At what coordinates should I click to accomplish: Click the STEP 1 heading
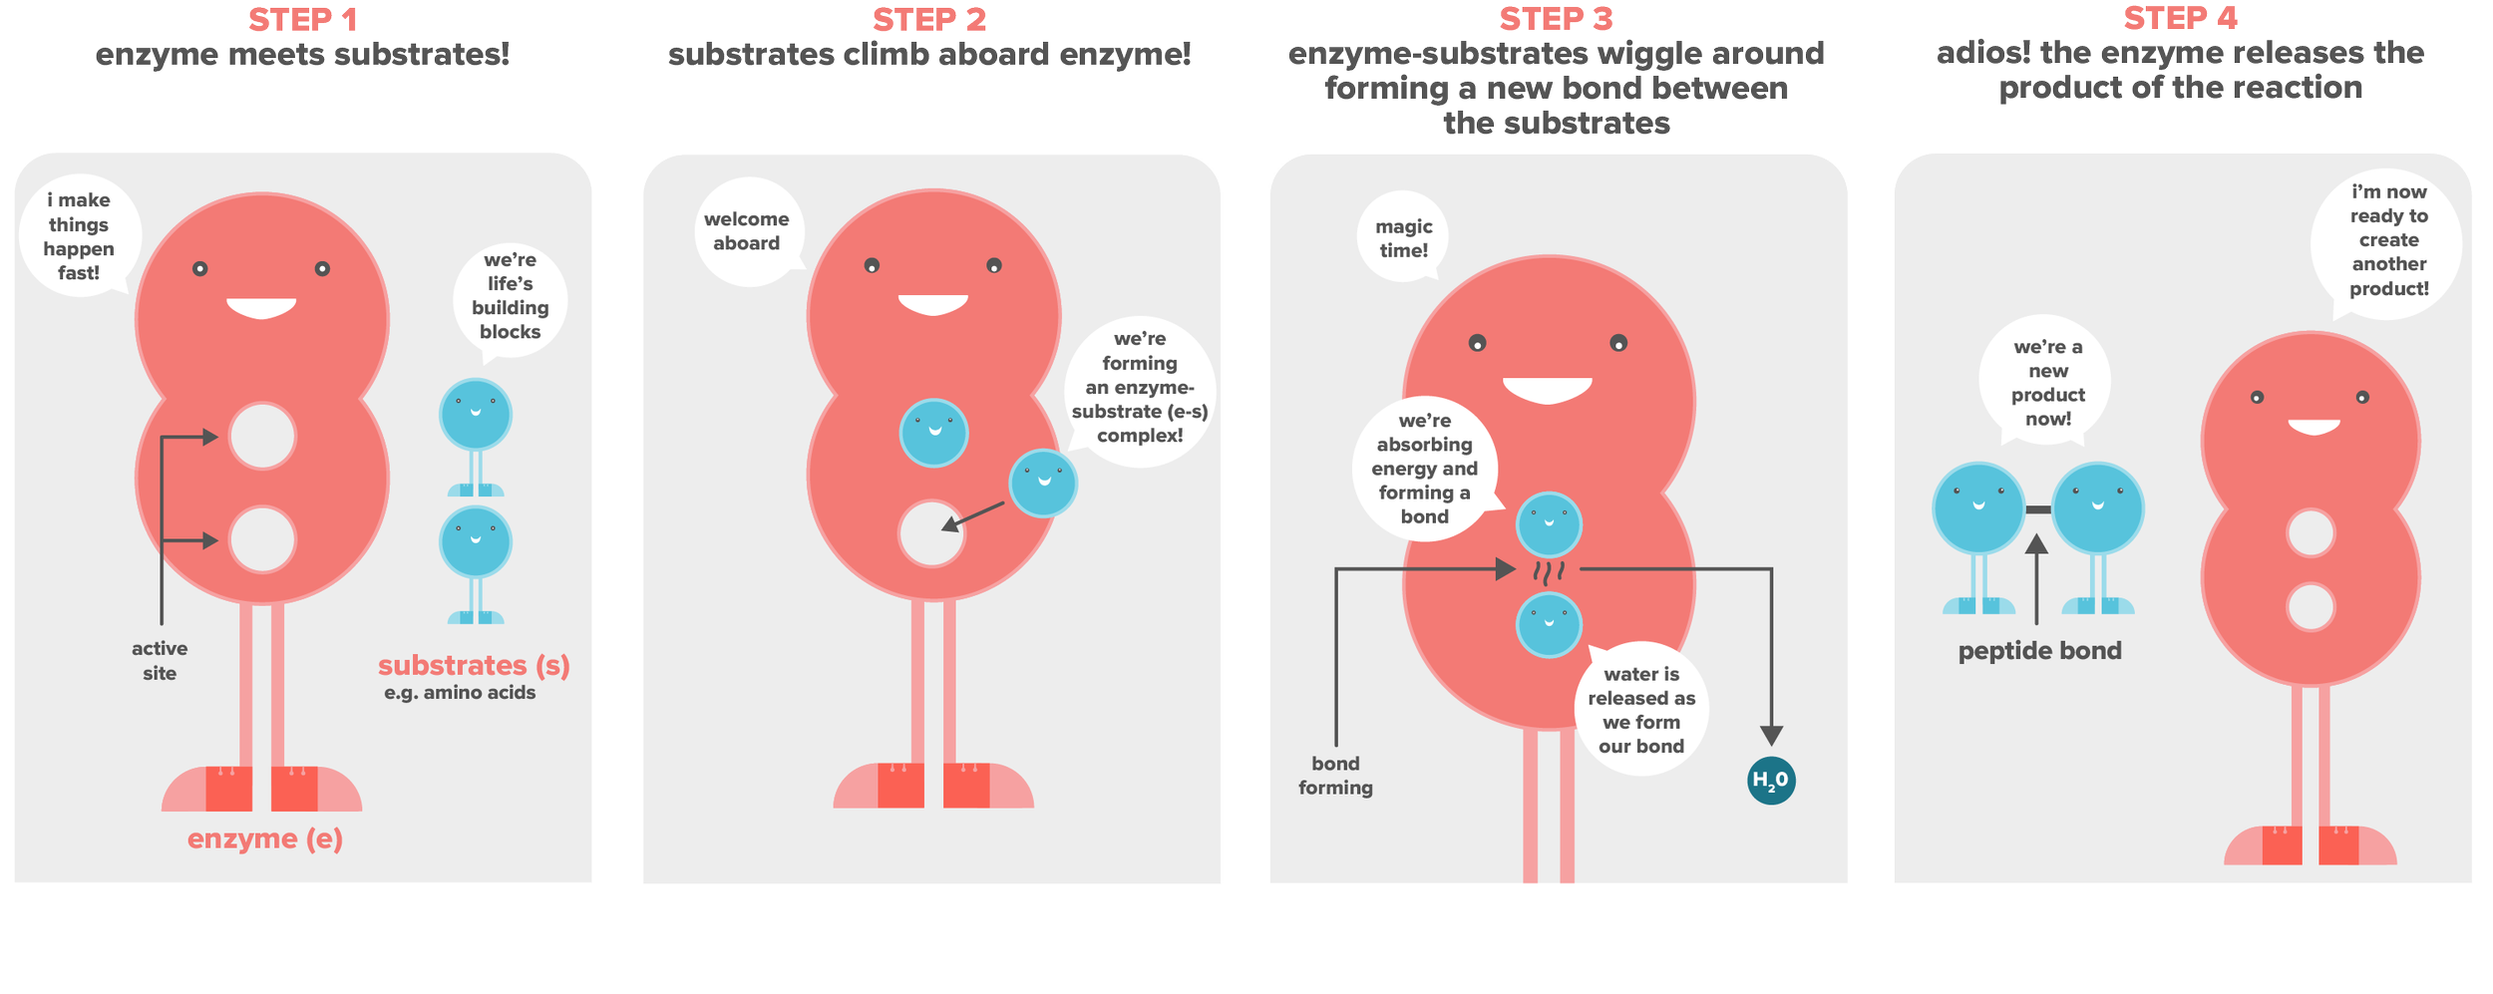(x=302, y=20)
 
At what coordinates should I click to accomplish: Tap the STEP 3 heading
(x=1556, y=19)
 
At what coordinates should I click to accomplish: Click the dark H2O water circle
(x=1771, y=781)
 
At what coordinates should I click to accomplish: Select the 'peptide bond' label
(x=2039, y=651)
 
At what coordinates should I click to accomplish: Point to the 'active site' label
(x=160, y=660)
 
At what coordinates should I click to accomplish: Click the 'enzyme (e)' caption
(x=265, y=839)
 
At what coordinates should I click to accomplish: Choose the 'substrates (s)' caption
(x=474, y=665)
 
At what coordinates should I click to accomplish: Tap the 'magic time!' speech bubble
(x=1403, y=237)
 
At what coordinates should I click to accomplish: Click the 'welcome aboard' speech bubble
(x=748, y=231)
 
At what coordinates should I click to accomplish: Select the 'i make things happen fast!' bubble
(x=80, y=236)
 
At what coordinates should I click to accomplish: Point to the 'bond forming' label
(x=1335, y=776)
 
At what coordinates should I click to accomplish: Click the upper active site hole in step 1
(x=262, y=436)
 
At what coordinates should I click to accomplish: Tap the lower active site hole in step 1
(x=262, y=539)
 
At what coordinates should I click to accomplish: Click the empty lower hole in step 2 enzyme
(x=930, y=533)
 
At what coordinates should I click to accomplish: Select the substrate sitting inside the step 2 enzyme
(x=933, y=433)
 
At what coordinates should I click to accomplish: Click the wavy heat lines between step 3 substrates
(x=1549, y=573)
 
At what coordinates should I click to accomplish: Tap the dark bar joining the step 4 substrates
(x=2038, y=509)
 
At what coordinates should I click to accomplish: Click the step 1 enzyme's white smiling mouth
(x=261, y=307)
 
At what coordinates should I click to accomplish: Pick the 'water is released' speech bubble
(x=1641, y=709)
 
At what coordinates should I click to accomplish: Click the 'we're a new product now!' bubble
(x=2047, y=382)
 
